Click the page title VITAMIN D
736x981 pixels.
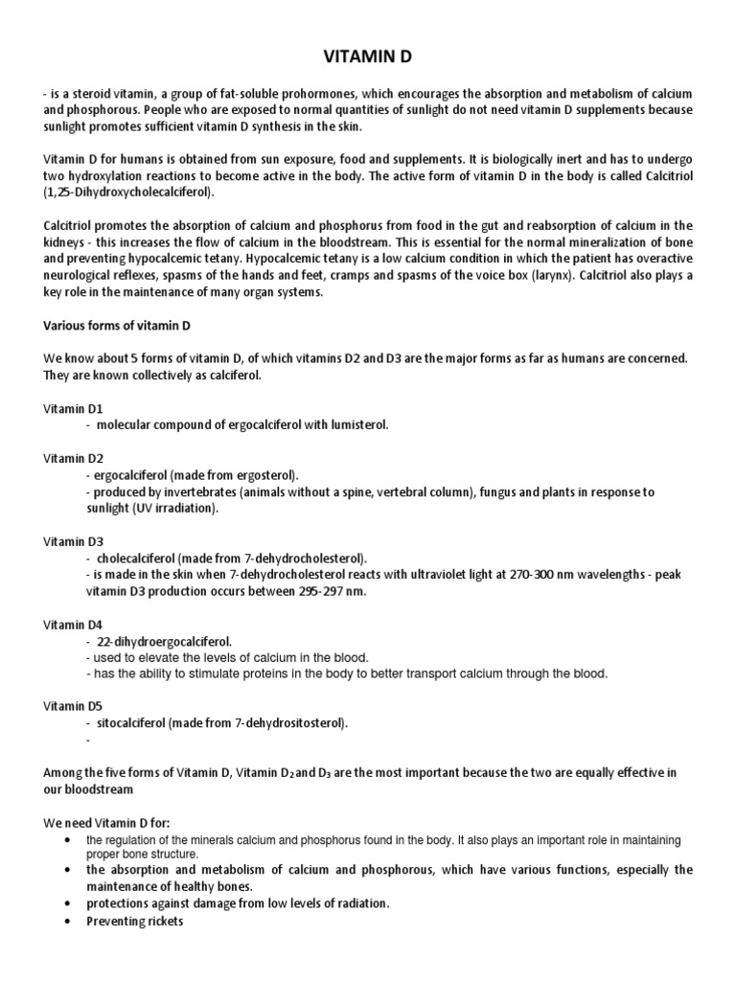pyautogui.click(x=367, y=57)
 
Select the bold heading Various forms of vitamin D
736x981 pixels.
pyautogui.click(x=118, y=325)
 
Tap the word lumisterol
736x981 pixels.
pyautogui.click(x=359, y=424)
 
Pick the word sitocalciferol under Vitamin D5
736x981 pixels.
pyautogui.click(x=130, y=723)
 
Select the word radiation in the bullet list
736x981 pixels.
pyautogui.click(x=353, y=904)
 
